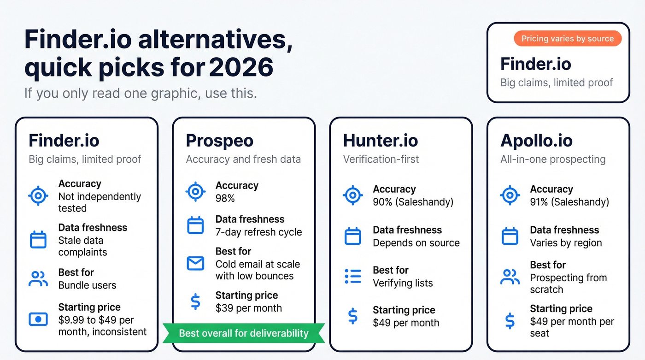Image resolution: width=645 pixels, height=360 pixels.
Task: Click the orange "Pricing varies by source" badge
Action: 568,39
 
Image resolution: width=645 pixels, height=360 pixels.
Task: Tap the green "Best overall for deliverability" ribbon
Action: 243,333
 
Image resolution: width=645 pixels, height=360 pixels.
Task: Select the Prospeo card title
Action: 219,141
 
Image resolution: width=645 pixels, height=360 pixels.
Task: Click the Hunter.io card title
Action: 380,141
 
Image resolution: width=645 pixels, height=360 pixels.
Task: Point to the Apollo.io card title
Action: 536,141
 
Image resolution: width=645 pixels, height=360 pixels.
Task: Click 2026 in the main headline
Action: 241,68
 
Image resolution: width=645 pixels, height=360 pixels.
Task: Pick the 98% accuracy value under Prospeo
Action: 225,198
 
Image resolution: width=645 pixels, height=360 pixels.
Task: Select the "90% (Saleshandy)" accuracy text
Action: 413,202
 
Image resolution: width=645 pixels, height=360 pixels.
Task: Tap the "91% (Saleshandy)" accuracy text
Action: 569,202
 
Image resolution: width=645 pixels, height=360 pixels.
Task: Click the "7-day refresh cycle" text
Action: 258,232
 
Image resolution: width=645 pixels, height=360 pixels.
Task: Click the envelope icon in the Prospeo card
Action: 195,263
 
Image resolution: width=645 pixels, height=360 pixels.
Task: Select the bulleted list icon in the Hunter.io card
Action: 353,276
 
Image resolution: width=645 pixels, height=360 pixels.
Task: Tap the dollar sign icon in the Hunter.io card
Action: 353,316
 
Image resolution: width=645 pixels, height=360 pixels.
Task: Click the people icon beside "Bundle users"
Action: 38,279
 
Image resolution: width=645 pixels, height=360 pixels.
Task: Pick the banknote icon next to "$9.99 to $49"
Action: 38,319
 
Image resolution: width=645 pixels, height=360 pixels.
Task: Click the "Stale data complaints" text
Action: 83,246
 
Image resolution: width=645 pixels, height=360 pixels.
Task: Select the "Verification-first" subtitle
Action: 381,159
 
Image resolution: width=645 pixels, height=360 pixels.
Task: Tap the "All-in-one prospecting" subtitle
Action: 553,159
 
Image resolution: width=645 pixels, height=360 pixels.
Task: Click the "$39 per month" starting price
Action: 248,308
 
